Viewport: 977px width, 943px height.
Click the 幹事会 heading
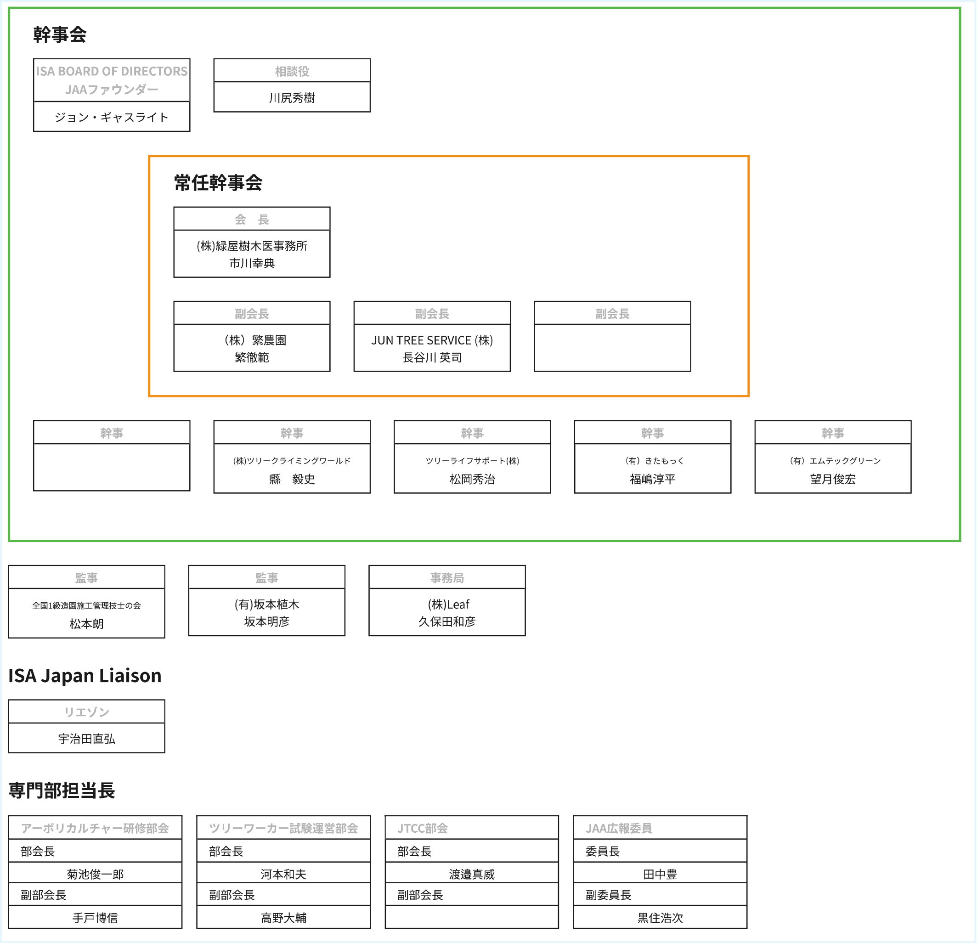point(60,34)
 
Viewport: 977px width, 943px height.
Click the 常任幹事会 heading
point(218,182)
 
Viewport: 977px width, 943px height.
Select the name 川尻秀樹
point(292,98)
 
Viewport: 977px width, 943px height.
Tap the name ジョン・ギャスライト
point(112,117)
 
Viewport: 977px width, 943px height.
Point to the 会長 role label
point(252,219)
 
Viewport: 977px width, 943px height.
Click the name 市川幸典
point(252,263)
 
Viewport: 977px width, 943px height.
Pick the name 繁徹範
point(252,357)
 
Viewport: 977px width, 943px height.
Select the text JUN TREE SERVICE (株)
point(432,340)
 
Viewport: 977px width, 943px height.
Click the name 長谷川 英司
point(432,357)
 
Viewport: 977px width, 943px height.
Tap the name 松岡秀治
point(473,479)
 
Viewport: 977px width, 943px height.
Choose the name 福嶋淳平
point(653,479)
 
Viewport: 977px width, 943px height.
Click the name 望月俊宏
point(833,479)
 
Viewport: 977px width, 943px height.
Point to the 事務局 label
point(447,578)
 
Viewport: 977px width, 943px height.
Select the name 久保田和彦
point(447,621)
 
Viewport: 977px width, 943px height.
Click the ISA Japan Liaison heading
point(85,675)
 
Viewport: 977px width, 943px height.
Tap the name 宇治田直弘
point(87,739)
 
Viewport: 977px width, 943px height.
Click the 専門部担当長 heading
point(62,790)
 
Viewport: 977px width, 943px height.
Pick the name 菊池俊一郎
point(95,874)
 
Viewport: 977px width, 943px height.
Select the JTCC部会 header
point(423,828)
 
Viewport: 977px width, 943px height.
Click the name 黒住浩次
point(661,918)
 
